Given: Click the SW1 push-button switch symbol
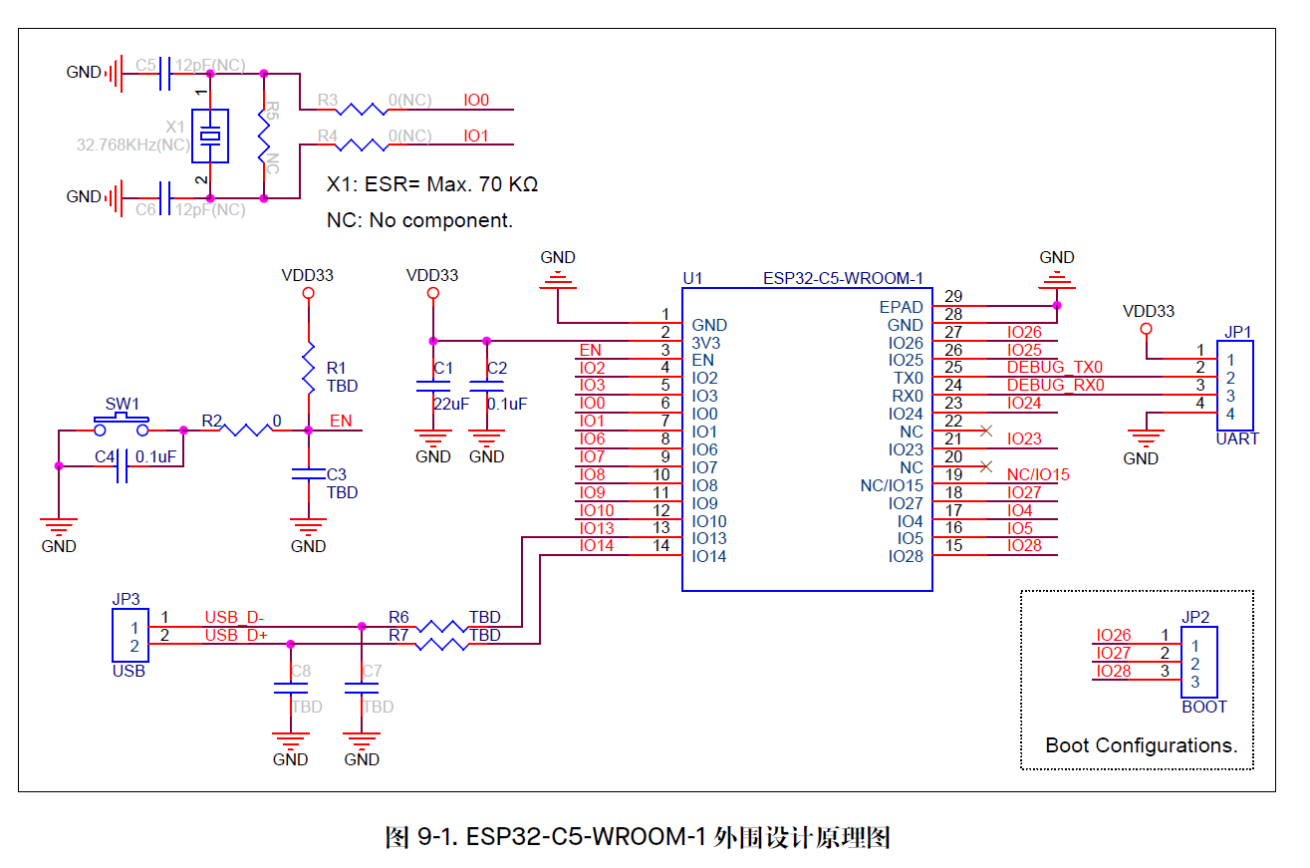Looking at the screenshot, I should pos(122,429).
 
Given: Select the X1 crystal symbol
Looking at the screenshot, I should pos(209,136).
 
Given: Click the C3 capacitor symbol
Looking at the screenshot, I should pos(308,476).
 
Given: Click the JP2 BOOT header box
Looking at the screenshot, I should pos(1195,662).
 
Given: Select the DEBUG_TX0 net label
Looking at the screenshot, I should pos(1054,368).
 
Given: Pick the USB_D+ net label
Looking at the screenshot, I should pos(235,636).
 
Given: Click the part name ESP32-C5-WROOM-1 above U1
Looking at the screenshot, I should pos(843,278).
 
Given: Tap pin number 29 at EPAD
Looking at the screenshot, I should pos(953,297).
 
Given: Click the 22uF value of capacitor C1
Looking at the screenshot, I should pos(450,404).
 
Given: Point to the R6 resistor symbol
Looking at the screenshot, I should pos(441,627).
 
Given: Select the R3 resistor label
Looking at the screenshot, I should pos(328,101).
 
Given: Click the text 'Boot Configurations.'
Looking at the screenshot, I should pos(1141,745).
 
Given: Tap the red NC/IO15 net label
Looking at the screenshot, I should pos(1037,475).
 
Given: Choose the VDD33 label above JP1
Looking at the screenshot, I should pos(1148,311).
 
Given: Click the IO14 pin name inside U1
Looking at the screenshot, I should pos(709,556).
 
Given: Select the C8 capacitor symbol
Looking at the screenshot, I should pos(290,688).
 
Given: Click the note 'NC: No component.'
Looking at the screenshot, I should pos(419,220).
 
